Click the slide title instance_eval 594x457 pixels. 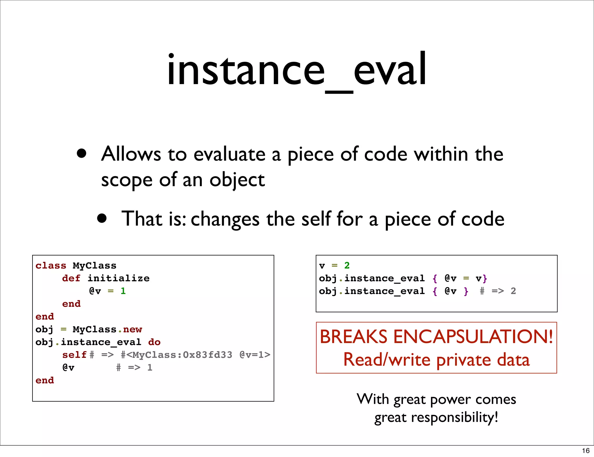[296, 70]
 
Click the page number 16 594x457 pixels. [586, 451]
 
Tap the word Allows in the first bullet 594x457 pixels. [131, 154]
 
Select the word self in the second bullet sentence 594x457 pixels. [316, 219]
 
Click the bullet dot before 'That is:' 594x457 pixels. [102, 218]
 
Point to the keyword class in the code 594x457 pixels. [51, 266]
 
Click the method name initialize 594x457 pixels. [118, 278]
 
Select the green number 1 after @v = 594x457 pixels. [123, 291]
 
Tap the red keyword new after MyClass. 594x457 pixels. [133, 329]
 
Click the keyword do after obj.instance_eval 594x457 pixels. [154, 342]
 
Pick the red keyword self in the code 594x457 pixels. [74, 355]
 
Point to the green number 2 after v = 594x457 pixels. [347, 265]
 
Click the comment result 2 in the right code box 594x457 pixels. [513, 291]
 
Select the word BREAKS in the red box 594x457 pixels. [353, 337]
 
